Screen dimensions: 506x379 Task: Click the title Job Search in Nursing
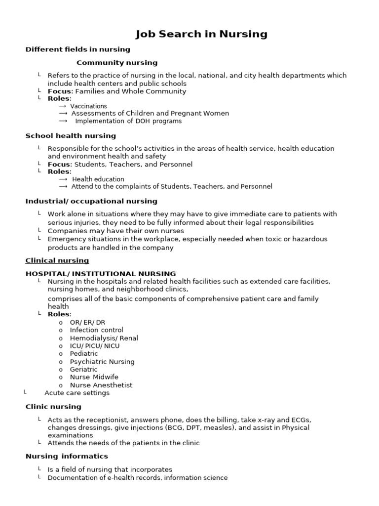point(201,34)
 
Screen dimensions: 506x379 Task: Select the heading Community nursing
point(117,63)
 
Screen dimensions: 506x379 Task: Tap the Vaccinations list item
point(88,106)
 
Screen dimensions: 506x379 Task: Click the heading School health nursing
point(71,136)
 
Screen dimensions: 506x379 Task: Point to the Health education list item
point(98,179)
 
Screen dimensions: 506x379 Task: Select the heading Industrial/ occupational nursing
point(91,201)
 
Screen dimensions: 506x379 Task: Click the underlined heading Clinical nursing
point(57,260)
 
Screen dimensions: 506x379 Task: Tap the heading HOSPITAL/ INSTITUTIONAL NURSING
point(100,273)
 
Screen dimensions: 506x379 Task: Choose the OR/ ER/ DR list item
point(87,322)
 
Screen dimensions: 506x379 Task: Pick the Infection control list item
point(96,330)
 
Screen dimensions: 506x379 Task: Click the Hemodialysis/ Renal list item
point(104,338)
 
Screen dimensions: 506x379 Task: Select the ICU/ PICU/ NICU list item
point(94,346)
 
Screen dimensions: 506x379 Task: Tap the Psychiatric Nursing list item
point(102,362)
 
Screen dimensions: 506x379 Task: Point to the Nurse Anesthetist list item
point(101,385)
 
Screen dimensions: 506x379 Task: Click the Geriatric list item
point(83,370)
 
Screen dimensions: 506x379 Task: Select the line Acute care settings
point(76,393)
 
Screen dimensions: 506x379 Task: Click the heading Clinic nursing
point(53,407)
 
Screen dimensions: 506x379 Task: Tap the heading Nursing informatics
point(67,456)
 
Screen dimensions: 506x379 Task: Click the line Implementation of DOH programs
point(128,121)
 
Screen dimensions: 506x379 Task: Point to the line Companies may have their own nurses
point(115,231)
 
